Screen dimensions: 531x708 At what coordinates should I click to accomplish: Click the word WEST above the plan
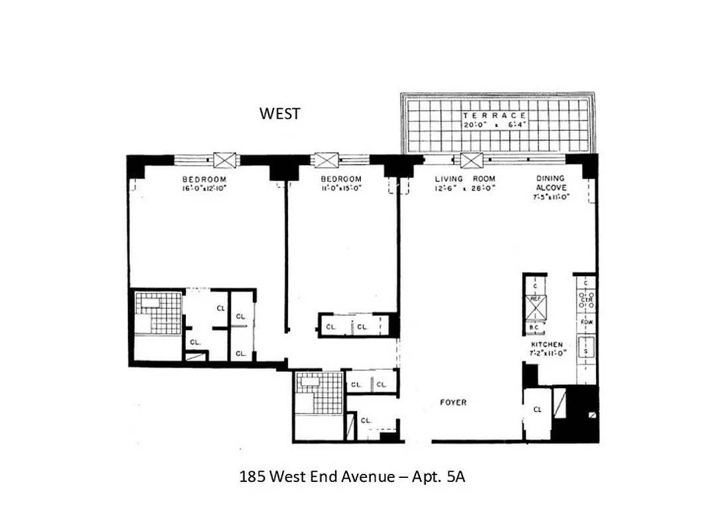[x=279, y=114]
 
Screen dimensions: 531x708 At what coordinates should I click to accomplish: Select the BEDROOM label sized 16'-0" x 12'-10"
[x=204, y=179]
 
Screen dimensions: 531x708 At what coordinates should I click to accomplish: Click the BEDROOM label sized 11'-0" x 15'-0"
[x=341, y=179]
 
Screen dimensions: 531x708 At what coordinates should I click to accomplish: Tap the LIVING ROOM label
[x=464, y=179]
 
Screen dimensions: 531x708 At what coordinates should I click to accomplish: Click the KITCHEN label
[x=546, y=344]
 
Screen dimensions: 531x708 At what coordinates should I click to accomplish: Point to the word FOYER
[x=453, y=402]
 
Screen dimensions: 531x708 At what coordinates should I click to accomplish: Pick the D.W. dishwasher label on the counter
[x=585, y=322]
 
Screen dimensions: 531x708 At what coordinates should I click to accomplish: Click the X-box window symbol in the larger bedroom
[x=225, y=160]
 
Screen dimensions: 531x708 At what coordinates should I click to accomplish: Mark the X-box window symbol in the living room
[x=471, y=160]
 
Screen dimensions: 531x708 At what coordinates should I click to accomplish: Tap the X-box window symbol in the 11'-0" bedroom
[x=325, y=160]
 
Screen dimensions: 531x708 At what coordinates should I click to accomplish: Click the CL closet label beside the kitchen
[x=537, y=410]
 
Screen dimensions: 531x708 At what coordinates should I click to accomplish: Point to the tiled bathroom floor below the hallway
[x=319, y=393]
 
